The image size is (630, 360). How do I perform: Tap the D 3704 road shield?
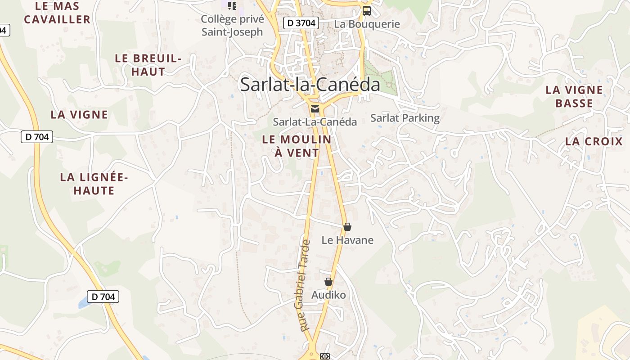click(301, 23)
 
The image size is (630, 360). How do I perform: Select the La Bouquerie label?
click(367, 24)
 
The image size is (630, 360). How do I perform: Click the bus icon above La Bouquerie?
click(367, 10)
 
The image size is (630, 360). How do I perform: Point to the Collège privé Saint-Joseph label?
click(232, 26)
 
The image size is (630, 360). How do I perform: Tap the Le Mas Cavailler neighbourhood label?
click(57, 13)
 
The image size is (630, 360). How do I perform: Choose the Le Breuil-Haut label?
click(148, 65)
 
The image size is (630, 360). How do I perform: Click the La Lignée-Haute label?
click(94, 184)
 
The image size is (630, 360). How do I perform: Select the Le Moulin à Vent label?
click(297, 146)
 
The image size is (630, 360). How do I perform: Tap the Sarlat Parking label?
click(405, 118)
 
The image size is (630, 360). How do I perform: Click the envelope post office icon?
click(315, 108)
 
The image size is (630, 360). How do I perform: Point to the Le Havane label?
click(347, 240)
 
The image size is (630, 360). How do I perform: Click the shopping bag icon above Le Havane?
click(347, 227)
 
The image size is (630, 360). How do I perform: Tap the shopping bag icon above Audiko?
click(328, 282)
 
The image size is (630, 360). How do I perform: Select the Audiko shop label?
click(328, 295)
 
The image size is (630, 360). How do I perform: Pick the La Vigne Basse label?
click(574, 97)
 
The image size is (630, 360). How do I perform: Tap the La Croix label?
click(594, 141)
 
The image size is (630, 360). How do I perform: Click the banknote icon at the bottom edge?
click(324, 356)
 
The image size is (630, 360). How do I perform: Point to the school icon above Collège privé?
click(232, 5)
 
